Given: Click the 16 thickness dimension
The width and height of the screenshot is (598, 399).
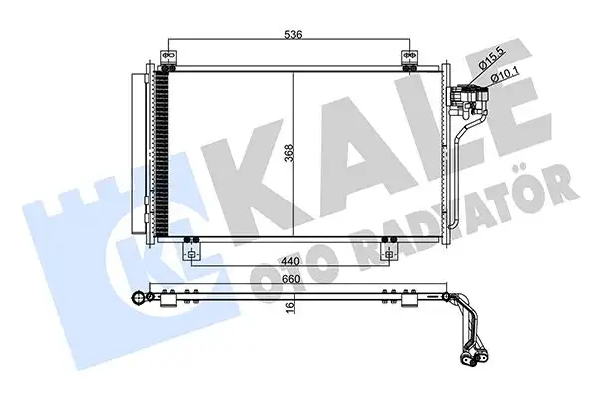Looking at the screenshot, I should [x=290, y=308].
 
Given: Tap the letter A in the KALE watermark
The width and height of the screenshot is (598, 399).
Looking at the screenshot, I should [x=334, y=155].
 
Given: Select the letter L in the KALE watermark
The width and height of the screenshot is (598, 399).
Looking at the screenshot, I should [x=419, y=150].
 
